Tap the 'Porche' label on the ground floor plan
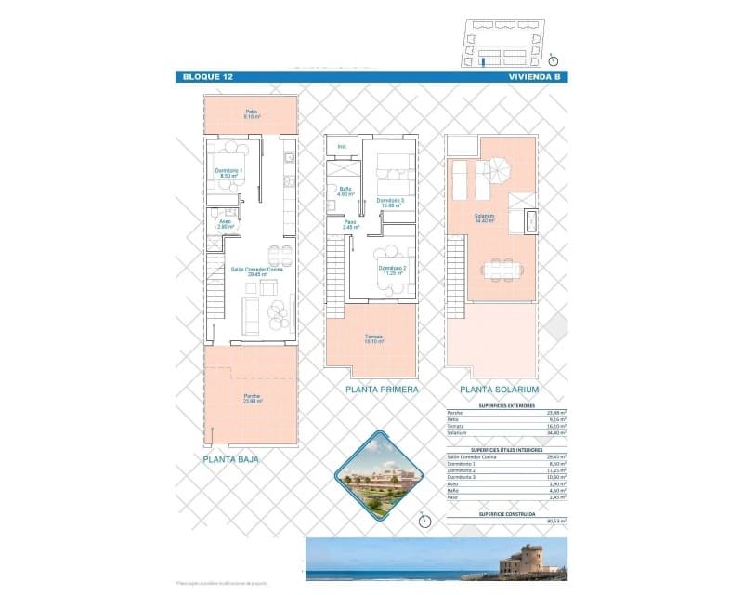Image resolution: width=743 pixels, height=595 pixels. tap(252, 398)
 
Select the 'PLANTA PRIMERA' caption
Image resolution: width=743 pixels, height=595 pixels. tap(381, 390)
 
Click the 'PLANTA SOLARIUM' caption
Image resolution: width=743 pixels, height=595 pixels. tap(500, 390)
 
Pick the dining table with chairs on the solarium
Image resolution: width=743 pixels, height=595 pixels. tap(501, 269)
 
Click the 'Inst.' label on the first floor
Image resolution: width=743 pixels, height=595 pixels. tap(342, 147)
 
